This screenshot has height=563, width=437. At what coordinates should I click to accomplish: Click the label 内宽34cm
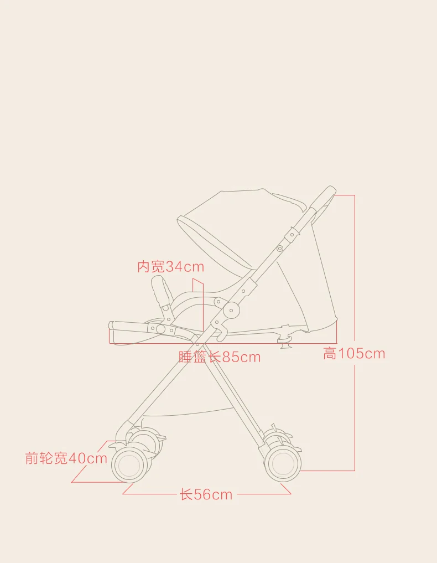click(171, 267)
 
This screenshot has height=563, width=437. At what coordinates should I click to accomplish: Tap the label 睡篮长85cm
click(220, 357)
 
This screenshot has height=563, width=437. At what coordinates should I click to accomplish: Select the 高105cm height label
click(354, 353)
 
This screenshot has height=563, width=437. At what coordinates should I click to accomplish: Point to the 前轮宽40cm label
click(66, 458)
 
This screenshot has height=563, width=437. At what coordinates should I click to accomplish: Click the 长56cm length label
click(206, 494)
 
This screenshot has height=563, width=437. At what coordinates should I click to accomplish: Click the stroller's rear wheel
click(283, 463)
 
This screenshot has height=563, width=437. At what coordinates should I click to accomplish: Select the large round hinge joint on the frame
click(231, 310)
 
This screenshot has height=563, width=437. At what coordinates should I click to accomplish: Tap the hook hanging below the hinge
click(222, 332)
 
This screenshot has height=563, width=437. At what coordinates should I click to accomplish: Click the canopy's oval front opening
click(215, 242)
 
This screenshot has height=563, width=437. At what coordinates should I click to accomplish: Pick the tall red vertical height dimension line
click(355, 333)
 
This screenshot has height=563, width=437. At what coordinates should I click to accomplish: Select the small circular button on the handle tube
click(279, 248)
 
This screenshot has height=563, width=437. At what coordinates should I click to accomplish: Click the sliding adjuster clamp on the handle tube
click(292, 235)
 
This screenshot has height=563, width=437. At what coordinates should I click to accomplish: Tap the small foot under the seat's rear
click(285, 343)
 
